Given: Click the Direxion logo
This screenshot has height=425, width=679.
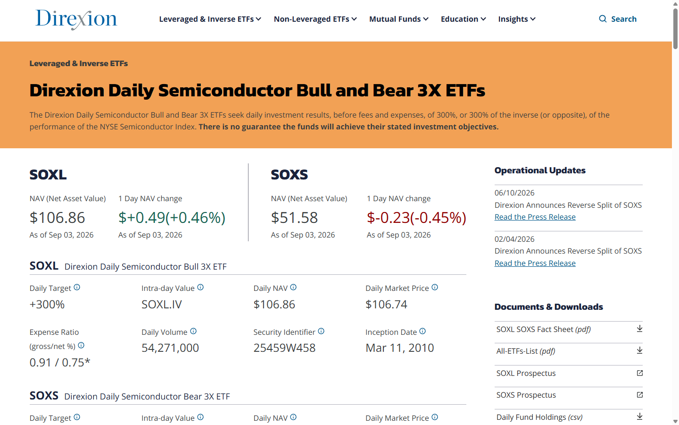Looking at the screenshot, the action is (x=76, y=19).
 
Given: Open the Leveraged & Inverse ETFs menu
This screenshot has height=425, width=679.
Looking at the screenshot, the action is (x=210, y=19).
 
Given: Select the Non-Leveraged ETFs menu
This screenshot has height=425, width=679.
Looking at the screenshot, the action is (x=315, y=19).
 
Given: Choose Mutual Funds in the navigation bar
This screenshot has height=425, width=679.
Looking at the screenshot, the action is (x=398, y=19).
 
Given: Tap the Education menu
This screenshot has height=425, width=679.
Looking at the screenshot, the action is (x=463, y=19).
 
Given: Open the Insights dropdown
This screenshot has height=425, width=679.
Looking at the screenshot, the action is (x=516, y=19).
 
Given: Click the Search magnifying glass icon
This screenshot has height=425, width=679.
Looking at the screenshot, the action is (x=603, y=19).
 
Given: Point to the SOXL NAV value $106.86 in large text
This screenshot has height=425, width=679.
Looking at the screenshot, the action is (x=57, y=218).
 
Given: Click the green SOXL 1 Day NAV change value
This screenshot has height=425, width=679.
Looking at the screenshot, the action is (x=172, y=218).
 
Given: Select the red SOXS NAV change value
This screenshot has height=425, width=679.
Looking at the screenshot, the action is (x=416, y=218).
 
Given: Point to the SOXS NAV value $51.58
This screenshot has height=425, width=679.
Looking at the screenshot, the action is (x=294, y=218).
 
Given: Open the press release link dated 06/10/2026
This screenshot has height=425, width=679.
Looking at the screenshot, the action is (x=535, y=217).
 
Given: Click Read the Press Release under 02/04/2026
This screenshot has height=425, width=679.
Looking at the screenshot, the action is (x=535, y=263).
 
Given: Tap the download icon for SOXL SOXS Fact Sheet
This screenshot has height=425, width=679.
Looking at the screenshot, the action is (x=639, y=329).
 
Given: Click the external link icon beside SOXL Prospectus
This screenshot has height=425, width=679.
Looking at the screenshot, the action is (x=639, y=373).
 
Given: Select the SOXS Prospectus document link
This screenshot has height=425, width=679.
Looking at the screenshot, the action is (x=526, y=395).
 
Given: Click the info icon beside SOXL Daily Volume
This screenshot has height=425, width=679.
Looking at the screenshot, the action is (x=193, y=331).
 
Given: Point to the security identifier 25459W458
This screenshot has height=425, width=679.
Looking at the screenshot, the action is (x=284, y=348).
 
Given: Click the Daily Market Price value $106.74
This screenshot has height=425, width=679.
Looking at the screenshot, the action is (x=386, y=305).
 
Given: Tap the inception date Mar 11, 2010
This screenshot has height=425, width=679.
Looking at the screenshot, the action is (x=399, y=348).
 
